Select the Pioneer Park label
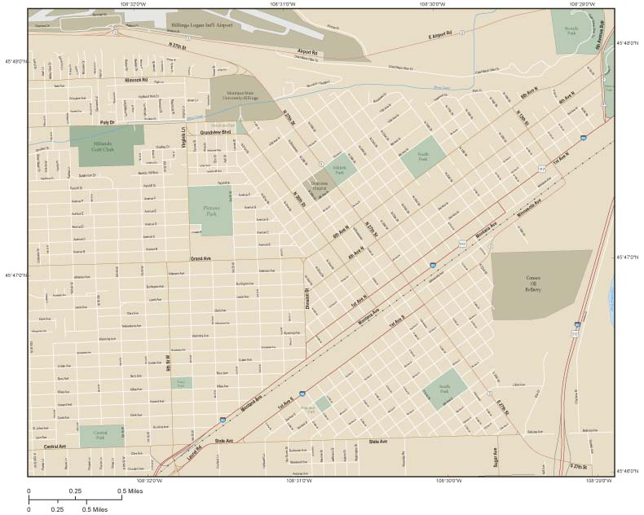[210, 210]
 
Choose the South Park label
[444, 390]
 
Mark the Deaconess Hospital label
[318, 187]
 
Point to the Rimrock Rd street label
[136, 80]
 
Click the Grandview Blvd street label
[217, 131]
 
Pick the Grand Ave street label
[201, 259]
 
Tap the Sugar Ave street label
[495, 461]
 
